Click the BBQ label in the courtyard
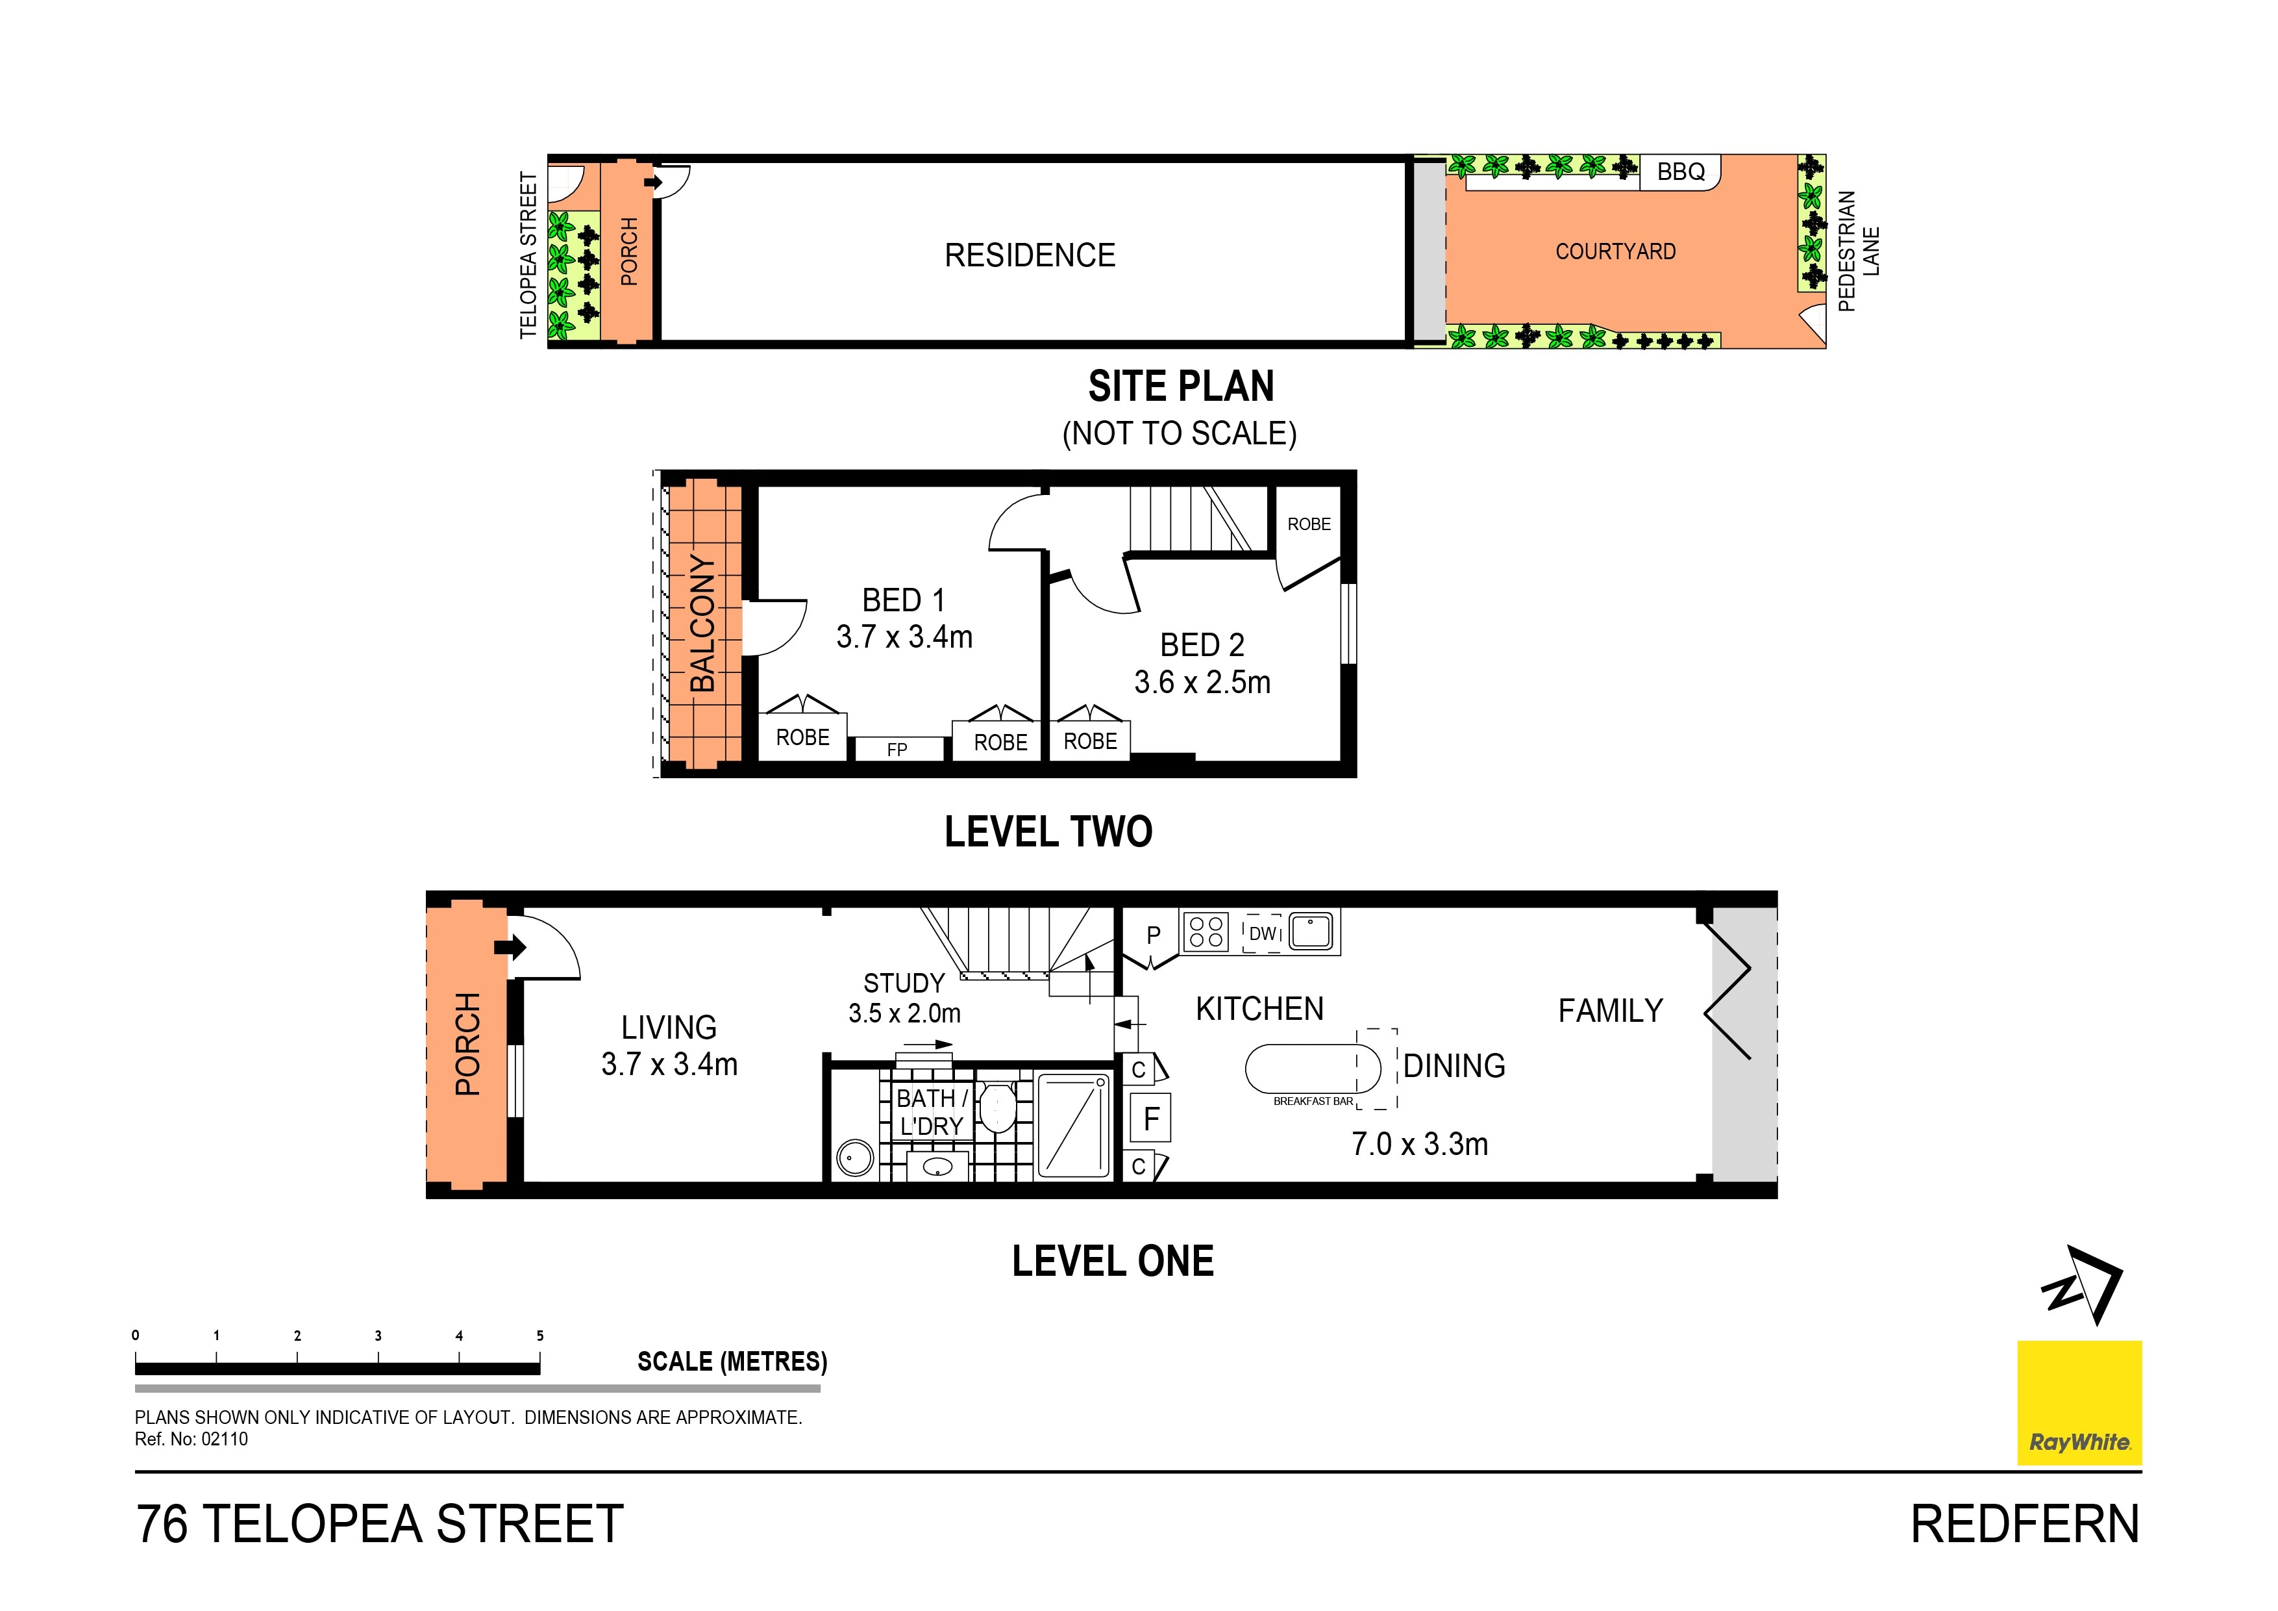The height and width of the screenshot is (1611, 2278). (1681, 171)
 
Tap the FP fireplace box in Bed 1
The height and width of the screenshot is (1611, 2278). (897, 750)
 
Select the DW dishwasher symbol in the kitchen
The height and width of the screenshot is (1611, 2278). (1263, 933)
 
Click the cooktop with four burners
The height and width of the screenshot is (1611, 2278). (1206, 932)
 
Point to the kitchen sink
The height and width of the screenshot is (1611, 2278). (1313, 931)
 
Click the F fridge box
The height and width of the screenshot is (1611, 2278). (1151, 1119)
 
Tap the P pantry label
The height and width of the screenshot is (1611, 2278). (1153, 935)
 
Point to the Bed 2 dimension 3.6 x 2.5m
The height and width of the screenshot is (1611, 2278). (1202, 683)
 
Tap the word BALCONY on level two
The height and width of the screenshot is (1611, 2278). (702, 624)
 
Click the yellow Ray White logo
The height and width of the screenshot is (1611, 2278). (2079, 1402)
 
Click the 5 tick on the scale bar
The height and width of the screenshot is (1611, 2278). (539, 1336)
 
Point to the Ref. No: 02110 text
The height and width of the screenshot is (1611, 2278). (192, 1440)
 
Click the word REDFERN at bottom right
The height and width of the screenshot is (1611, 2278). (2024, 1525)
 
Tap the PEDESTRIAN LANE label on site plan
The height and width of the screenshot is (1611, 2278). (1857, 251)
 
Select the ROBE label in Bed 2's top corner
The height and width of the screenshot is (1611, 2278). (1309, 524)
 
